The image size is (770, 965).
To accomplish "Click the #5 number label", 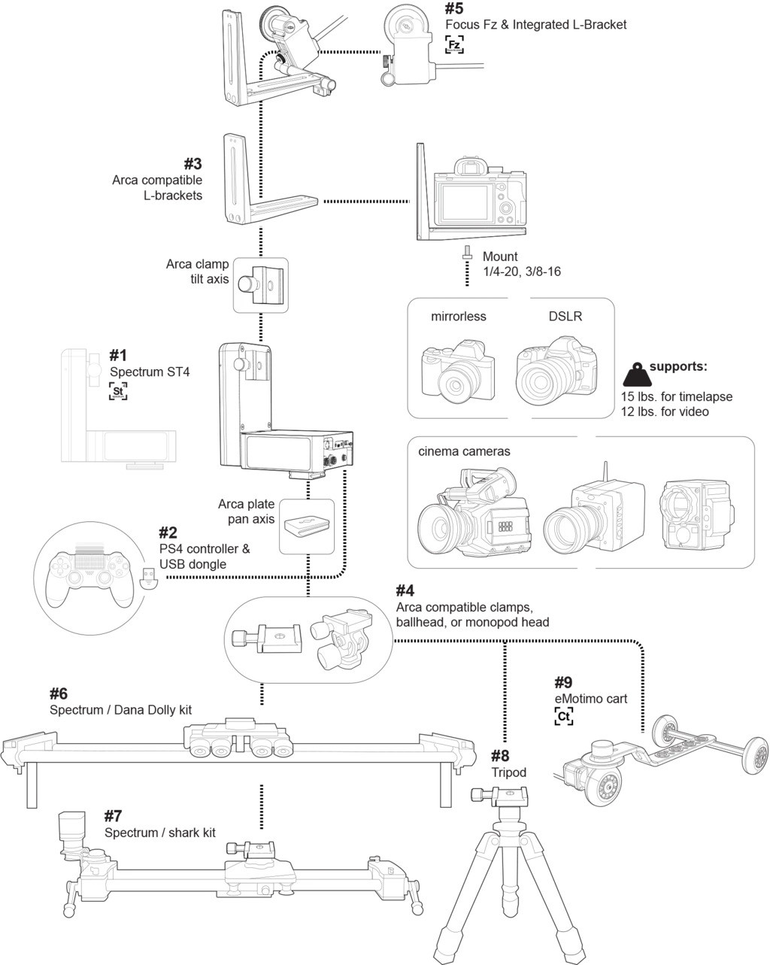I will [453, 9].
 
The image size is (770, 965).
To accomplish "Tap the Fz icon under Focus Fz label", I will [453, 45].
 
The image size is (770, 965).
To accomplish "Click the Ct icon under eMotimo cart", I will [563, 717].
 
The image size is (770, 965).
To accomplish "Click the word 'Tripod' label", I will [508, 772].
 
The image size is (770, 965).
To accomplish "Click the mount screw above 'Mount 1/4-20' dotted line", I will [467, 253].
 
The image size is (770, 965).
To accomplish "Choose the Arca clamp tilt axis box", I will [260, 285].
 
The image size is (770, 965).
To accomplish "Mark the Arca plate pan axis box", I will [307, 526].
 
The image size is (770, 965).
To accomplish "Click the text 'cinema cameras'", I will [464, 451].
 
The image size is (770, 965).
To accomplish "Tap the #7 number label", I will [113, 816].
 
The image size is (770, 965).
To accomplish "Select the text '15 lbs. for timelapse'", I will [677, 396].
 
